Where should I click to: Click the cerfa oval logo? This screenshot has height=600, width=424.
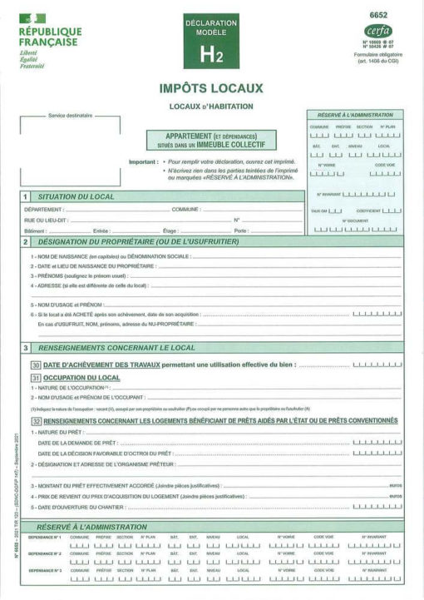377,31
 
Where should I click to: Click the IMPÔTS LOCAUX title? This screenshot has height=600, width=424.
211,88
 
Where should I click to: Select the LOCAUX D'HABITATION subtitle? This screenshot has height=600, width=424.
211,106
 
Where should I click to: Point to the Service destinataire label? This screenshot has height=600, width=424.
70,116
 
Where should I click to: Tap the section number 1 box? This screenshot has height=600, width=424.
26,196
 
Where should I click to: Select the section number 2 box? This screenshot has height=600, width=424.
26,241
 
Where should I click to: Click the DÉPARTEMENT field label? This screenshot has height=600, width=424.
45,210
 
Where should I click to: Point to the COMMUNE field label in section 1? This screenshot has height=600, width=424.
186,210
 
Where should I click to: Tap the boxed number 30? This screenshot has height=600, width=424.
36,365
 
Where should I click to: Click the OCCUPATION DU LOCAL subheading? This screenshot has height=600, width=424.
81,378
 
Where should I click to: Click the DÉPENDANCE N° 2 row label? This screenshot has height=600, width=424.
44,553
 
